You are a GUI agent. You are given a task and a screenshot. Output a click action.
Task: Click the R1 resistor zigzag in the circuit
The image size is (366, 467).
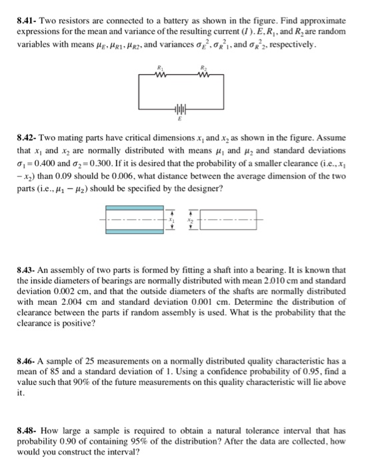point(159,74)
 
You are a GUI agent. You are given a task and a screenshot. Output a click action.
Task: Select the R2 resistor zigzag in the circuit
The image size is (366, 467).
point(205,74)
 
